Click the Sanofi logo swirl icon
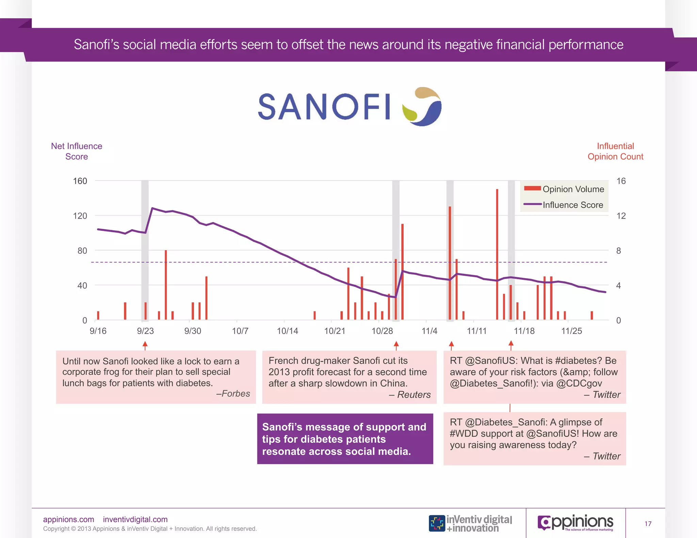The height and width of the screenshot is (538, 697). tap(422, 106)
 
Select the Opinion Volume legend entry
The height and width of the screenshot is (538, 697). tap(565, 189)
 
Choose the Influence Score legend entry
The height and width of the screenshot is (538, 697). tap(565, 205)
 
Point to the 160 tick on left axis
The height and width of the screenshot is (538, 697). tap(80, 181)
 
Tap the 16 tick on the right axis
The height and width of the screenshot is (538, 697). tap(621, 181)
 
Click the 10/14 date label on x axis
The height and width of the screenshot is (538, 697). tap(287, 331)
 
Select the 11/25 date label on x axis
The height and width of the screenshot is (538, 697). tap(571, 331)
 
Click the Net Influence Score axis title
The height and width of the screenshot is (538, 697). tap(77, 151)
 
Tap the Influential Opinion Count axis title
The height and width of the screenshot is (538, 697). tap(615, 151)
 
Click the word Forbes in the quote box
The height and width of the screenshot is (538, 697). tap(236, 393)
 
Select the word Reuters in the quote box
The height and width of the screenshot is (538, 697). tap(414, 394)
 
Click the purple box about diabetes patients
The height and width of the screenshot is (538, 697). tap(345, 439)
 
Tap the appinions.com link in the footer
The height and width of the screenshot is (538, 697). tap(68, 519)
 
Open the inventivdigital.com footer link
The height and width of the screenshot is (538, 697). tap(135, 519)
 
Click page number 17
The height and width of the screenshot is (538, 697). tap(648, 524)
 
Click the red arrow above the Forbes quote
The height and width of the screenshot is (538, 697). tap(145, 345)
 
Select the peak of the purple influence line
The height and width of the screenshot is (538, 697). tap(152, 208)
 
